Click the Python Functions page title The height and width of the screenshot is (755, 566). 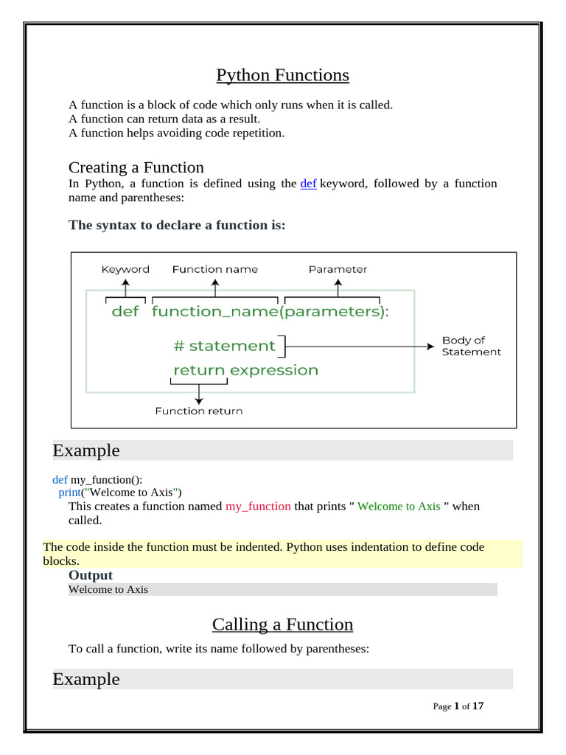coord(282,75)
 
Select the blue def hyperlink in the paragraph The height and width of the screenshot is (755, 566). coord(308,184)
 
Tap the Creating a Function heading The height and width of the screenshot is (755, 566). coord(136,167)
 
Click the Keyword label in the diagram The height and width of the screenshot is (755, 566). coord(125,270)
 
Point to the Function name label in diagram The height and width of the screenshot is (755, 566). coord(215,270)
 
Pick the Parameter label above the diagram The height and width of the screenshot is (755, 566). coord(338,270)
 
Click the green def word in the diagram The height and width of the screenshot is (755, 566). coord(125,312)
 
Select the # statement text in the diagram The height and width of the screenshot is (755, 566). coord(225,346)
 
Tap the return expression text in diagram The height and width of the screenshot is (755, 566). coord(245,370)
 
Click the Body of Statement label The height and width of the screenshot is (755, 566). coord(471,346)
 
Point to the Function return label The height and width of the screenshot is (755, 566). coord(198,411)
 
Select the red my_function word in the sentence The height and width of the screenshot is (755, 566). coord(258,507)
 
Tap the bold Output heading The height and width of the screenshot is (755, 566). coord(91,575)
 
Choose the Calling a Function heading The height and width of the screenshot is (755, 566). coord(282,624)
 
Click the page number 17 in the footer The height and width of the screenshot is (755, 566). coord(478,706)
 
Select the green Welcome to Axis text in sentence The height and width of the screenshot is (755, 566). coord(399,507)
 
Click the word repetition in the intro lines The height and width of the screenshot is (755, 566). coord(257,133)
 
